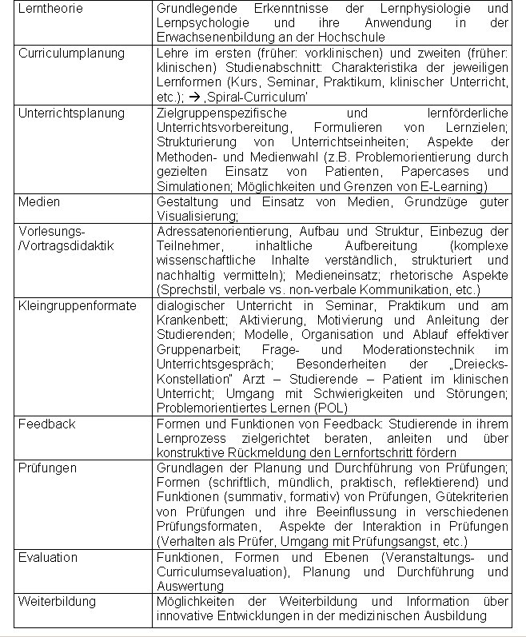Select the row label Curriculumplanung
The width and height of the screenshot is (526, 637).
point(71,53)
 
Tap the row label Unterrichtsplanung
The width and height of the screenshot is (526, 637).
point(71,113)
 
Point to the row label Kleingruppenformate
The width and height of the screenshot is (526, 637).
point(77,306)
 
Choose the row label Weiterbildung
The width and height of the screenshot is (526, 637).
point(57,601)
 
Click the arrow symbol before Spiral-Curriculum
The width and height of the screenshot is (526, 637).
point(196,97)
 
